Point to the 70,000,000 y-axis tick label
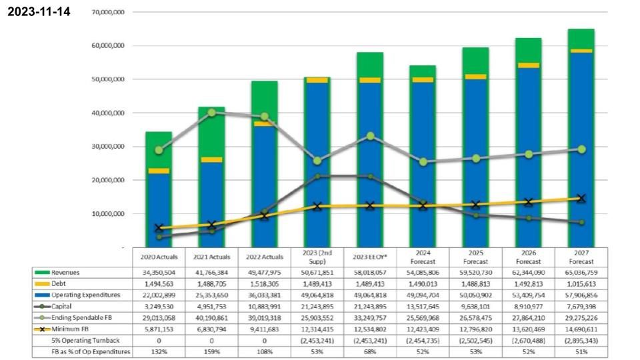click(x=101, y=13)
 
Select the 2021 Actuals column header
click(x=212, y=257)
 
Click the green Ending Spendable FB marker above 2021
click(x=212, y=113)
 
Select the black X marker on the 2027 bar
click(x=581, y=199)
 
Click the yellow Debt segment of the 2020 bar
click(x=159, y=171)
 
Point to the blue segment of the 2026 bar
click(x=529, y=153)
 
